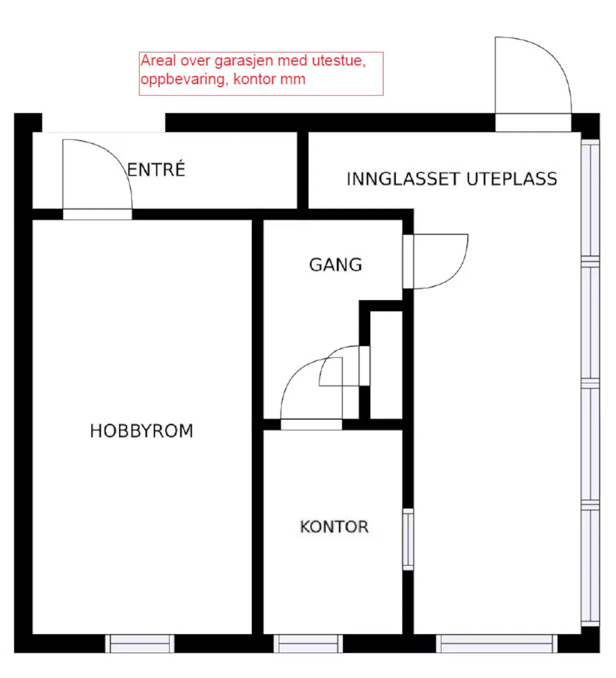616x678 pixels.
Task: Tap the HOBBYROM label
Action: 142,431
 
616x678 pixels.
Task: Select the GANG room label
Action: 336,265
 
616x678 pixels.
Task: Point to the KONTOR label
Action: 334,527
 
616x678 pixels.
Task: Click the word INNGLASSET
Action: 403,179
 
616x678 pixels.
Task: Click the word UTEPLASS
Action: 512,179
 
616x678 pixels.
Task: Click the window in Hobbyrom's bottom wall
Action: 140,644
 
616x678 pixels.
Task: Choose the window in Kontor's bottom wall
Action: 308,644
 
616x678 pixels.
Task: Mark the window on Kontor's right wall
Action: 408,540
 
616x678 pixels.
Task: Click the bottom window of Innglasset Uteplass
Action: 497,644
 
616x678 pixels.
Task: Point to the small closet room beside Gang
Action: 386,365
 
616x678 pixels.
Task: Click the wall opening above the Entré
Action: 104,122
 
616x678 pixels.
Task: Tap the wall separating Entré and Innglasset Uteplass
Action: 303,170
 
